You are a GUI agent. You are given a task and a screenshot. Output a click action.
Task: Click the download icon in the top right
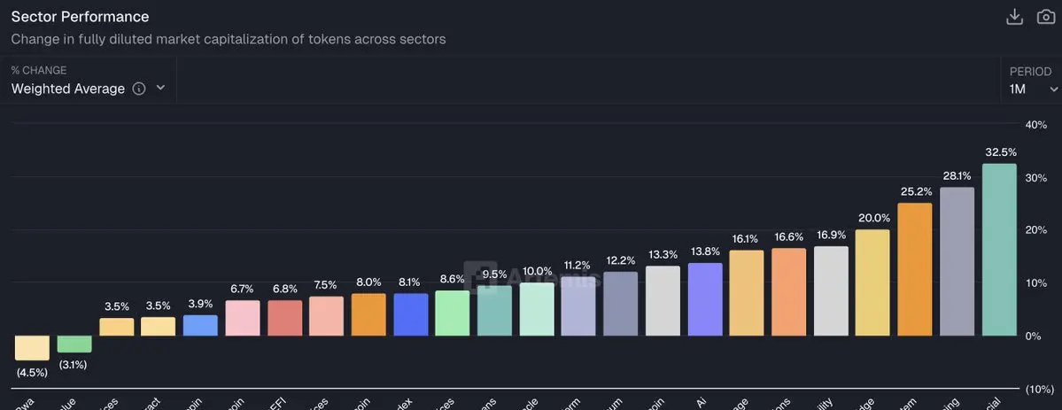click(x=1015, y=17)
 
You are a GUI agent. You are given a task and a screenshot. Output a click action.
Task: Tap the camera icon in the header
click(x=1046, y=17)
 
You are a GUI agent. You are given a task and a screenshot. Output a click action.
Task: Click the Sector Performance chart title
click(x=80, y=17)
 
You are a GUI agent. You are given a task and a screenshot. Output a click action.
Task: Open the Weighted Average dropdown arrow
click(x=160, y=88)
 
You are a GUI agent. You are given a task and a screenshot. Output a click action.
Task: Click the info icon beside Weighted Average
click(x=139, y=89)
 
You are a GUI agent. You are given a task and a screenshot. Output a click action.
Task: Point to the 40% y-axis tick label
click(x=1035, y=125)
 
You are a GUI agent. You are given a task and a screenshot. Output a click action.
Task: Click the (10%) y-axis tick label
click(x=1038, y=389)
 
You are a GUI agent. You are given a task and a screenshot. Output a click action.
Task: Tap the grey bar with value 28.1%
click(x=957, y=261)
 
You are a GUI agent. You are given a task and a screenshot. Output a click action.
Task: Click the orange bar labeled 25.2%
click(x=914, y=269)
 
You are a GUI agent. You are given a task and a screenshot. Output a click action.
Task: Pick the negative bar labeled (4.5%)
click(x=32, y=347)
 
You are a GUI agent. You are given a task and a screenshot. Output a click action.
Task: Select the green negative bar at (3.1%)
click(x=74, y=344)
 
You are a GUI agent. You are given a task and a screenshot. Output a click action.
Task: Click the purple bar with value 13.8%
click(x=704, y=299)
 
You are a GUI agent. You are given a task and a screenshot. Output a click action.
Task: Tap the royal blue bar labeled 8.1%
click(x=410, y=314)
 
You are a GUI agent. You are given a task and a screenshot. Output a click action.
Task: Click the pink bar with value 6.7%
click(x=242, y=318)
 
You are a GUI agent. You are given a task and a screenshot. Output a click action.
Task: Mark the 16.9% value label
click(x=831, y=235)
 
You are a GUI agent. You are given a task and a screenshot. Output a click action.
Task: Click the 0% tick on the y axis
click(x=1033, y=336)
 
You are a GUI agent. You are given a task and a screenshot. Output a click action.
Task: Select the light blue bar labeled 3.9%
click(x=200, y=325)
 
